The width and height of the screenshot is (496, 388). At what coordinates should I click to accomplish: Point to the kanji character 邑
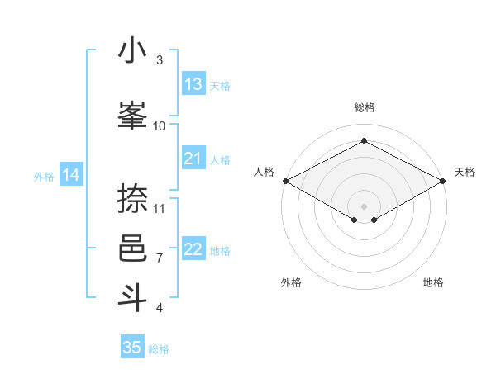(132, 248)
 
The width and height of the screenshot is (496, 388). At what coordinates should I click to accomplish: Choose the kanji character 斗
(132, 297)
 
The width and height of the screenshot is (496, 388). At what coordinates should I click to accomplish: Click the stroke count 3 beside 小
(160, 60)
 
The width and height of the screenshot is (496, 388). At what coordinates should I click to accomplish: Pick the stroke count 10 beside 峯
(160, 125)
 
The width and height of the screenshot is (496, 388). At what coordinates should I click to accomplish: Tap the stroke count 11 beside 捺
(160, 208)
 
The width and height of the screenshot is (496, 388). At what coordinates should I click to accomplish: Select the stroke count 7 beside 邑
(160, 258)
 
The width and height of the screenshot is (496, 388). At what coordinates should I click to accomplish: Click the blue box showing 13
(193, 84)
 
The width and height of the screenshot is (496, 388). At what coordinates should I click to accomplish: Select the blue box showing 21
(193, 159)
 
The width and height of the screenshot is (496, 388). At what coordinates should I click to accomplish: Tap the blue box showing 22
(193, 249)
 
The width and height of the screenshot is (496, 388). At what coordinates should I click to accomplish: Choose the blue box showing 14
(71, 175)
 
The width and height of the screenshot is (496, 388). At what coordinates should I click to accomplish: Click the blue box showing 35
(132, 348)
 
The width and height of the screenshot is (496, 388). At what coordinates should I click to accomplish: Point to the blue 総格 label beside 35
(159, 349)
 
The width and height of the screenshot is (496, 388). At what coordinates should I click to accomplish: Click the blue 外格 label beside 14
(44, 176)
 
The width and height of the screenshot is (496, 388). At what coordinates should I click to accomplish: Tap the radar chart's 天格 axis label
(465, 172)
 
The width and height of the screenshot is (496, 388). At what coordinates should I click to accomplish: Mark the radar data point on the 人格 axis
(285, 181)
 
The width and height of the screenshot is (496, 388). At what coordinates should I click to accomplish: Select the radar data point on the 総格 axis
(364, 141)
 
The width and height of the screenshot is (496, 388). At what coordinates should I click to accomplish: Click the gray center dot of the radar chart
(364, 206)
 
